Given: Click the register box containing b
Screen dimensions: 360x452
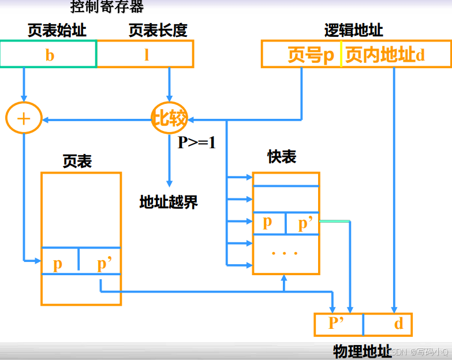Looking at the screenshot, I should pyautogui.click(x=49, y=55).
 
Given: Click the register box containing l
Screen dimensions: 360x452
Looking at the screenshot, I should pyautogui.click(x=145, y=55).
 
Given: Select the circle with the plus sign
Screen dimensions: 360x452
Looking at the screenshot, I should pyautogui.click(x=23, y=119).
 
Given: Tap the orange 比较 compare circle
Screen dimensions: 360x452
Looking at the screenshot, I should pyautogui.click(x=169, y=119).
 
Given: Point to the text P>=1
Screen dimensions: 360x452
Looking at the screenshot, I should pyautogui.click(x=196, y=142).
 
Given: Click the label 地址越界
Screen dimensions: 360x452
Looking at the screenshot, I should pyautogui.click(x=169, y=201).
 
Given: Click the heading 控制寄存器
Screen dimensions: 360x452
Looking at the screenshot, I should pyautogui.click(x=107, y=7).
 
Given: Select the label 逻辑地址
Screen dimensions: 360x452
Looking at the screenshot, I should pyautogui.click(x=353, y=31).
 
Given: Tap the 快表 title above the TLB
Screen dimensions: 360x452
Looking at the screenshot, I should pyautogui.click(x=282, y=156).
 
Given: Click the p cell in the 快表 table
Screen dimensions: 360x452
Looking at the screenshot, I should pyautogui.click(x=268, y=223).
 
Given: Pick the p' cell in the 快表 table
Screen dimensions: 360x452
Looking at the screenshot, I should pyautogui.click(x=303, y=223).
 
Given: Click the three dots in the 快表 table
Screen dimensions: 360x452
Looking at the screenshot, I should pyautogui.click(x=285, y=252).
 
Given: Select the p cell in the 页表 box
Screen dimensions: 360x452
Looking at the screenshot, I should pyautogui.click(x=59, y=262).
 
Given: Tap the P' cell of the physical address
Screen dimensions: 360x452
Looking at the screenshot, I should pyautogui.click(x=338, y=324).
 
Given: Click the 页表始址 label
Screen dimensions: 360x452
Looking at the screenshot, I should pyautogui.click(x=57, y=31).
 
